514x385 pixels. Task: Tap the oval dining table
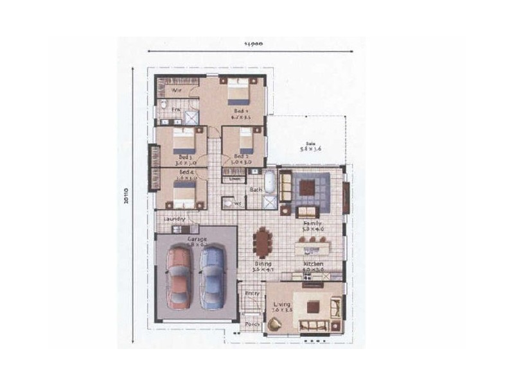(x=263, y=243)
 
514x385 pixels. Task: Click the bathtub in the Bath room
(x=270, y=182)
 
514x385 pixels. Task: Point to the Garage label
(x=197, y=239)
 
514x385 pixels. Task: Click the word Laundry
(x=175, y=219)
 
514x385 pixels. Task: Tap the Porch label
(x=252, y=324)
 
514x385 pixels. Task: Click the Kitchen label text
(x=314, y=264)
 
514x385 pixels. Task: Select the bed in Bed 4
(x=184, y=193)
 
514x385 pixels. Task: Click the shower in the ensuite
(x=192, y=117)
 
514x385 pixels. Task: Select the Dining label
(x=263, y=264)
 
